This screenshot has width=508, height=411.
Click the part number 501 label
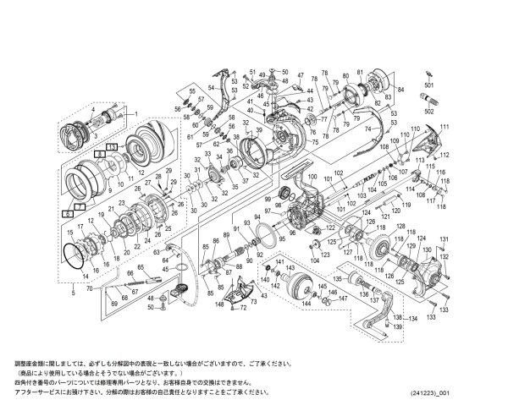(428, 85)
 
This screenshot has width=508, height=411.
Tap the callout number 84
(401, 88)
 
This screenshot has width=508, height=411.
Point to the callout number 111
(444, 126)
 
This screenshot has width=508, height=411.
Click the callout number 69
(113, 302)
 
